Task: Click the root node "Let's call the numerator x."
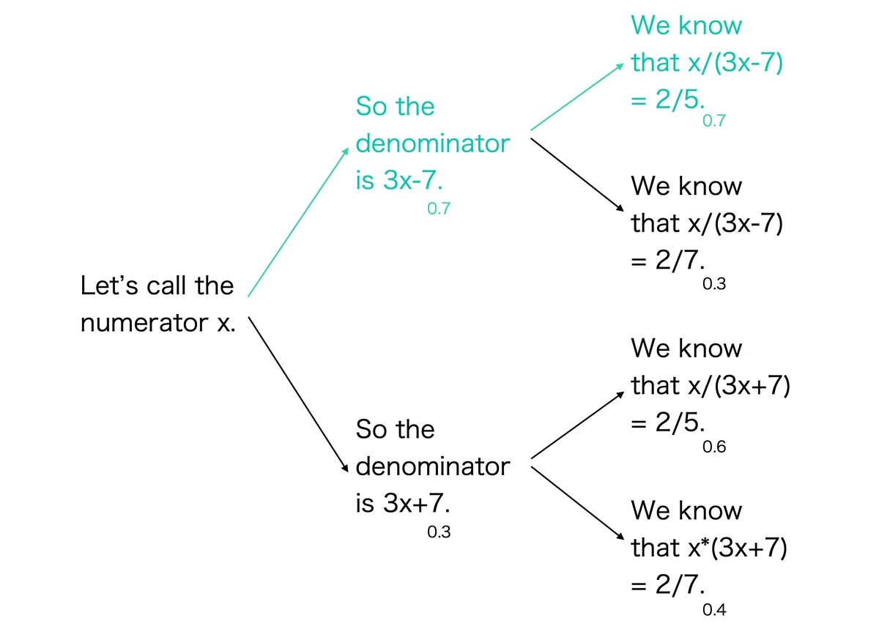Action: pos(157,304)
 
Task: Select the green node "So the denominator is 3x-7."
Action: pos(432,144)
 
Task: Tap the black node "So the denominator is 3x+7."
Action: pos(432,466)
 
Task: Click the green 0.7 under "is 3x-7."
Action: pos(439,209)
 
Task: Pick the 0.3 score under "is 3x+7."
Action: pos(439,532)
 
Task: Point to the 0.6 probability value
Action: pos(714,447)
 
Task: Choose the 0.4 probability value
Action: pos(714,609)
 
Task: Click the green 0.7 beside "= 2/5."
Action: pos(714,121)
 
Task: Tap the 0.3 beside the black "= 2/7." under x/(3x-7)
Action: pos(714,283)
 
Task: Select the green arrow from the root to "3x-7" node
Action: pos(298,222)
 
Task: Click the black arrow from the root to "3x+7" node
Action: pos(298,395)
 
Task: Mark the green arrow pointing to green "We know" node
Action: pos(577,97)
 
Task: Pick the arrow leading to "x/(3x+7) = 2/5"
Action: pos(577,425)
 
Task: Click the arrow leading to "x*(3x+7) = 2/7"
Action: pos(577,503)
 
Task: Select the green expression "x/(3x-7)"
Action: pos(735,62)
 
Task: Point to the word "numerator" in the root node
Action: pos(144,323)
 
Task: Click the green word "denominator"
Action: pos(432,144)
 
